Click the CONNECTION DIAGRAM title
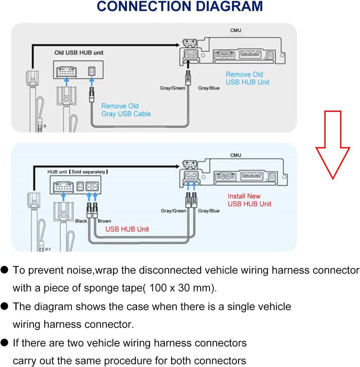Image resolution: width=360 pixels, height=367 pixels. [x=180, y=7]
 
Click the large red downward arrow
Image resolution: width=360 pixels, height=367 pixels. [x=332, y=144]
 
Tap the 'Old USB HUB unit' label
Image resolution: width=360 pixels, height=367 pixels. [x=79, y=53]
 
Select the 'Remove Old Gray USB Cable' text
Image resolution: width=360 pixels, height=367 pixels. [x=126, y=110]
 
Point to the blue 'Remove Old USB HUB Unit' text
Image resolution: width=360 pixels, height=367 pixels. [x=247, y=78]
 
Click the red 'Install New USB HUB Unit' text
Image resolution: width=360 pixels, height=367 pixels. [x=249, y=200]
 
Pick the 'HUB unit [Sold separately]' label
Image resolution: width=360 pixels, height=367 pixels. [x=78, y=172]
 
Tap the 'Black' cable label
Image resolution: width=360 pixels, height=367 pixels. [x=81, y=221]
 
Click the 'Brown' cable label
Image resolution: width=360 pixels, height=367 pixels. [x=104, y=221]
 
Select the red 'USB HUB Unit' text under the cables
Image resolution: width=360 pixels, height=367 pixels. [x=127, y=229]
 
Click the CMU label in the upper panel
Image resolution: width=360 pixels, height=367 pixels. [x=236, y=31]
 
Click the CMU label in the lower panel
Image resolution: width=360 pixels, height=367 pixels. [x=236, y=155]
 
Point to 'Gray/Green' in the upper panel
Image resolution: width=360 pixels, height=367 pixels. [x=172, y=88]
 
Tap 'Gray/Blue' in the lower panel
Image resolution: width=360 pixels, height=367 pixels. [x=209, y=211]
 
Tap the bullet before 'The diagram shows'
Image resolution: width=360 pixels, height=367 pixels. [x=5, y=307]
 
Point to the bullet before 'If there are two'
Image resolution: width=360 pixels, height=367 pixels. [x=5, y=343]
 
